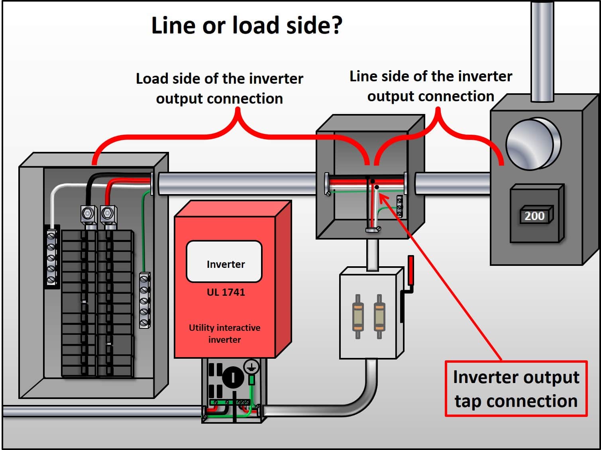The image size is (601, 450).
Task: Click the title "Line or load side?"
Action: [x=247, y=26]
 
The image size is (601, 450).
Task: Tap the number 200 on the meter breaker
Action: [x=534, y=216]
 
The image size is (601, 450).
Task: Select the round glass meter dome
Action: [x=533, y=143]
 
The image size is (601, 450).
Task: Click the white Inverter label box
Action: [x=224, y=262]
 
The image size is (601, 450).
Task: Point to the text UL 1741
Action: [x=226, y=292]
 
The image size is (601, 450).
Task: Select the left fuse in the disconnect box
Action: [x=357, y=316]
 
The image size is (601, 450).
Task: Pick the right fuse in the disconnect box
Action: [x=379, y=316]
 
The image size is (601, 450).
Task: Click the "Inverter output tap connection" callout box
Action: [x=516, y=389]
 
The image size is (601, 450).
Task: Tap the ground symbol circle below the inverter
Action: [x=251, y=367]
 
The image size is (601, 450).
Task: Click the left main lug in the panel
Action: [x=88, y=214]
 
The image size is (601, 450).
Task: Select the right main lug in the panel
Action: [x=108, y=214]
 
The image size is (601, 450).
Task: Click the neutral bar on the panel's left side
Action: [x=51, y=257]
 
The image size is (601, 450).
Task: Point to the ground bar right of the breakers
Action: [x=145, y=300]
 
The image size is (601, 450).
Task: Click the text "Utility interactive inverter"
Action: [x=224, y=334]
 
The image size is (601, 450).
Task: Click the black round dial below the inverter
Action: [x=233, y=377]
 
